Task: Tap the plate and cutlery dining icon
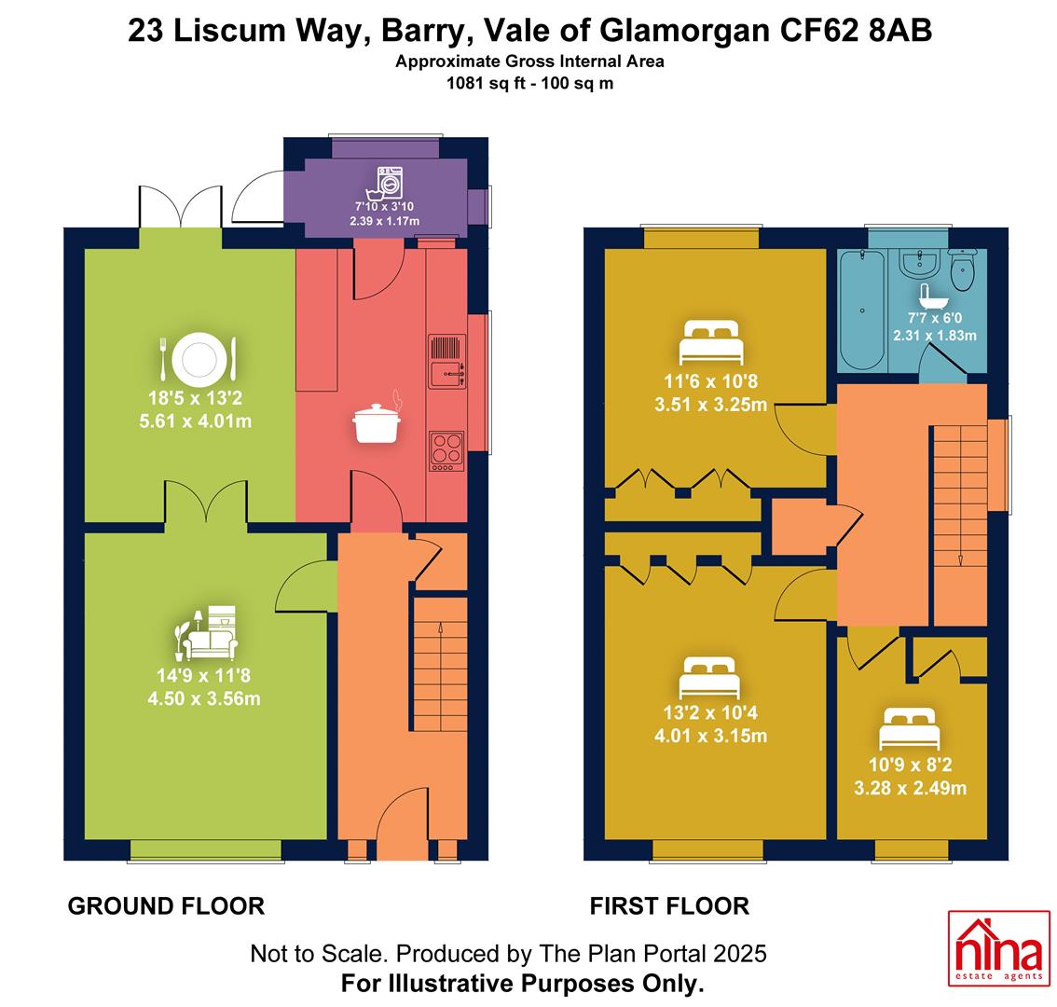point(199,357)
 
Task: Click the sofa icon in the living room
point(206,633)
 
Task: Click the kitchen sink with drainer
point(446,362)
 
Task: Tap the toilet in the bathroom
point(963,269)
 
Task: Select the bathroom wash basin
point(917,264)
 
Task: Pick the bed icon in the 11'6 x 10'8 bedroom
point(711,342)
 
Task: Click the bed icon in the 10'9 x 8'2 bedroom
point(910,727)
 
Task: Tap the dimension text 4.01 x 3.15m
point(710,735)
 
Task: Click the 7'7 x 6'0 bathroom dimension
point(934,318)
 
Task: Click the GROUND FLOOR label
point(166,905)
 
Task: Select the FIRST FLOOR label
point(669,905)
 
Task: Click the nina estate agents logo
point(999,948)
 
